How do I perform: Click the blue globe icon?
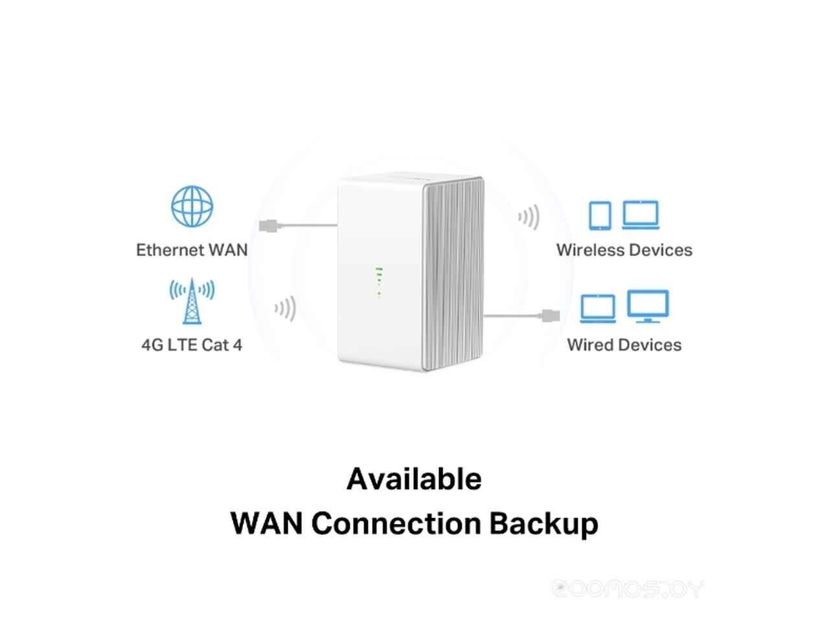[192, 206]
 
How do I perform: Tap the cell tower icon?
[192, 301]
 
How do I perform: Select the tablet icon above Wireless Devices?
[600, 215]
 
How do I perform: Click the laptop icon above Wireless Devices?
[641, 215]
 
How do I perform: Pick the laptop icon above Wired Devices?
[598, 309]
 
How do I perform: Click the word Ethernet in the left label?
[170, 250]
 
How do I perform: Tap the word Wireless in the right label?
[590, 250]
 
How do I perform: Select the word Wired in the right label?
[590, 345]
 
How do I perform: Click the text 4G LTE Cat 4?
[192, 345]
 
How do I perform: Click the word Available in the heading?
[414, 479]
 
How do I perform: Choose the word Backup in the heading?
[544, 524]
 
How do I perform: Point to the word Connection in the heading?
[396, 523]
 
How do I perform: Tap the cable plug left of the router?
[269, 226]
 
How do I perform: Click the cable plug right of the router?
[551, 316]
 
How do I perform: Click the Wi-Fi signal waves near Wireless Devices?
[528, 217]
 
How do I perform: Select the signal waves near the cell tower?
[285, 309]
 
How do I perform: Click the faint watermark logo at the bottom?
[628, 589]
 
